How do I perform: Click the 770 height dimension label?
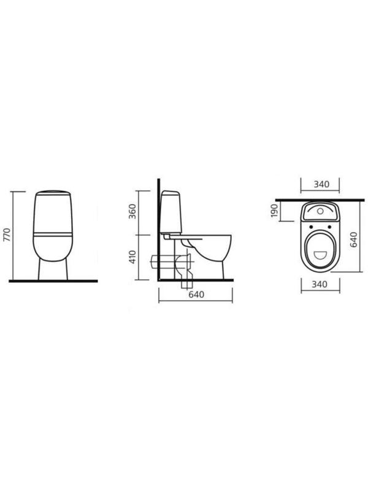pyautogui.click(x=7, y=235)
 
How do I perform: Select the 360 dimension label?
pyautogui.click(x=132, y=211)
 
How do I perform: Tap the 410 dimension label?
pyautogui.click(x=132, y=257)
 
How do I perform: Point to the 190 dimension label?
pyautogui.click(x=274, y=211)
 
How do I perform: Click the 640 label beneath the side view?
pyautogui.click(x=196, y=295)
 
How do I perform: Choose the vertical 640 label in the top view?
pyautogui.click(x=354, y=239)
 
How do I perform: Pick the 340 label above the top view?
pyautogui.click(x=321, y=184)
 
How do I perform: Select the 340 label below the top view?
pyautogui.click(x=320, y=284)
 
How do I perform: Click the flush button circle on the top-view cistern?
pyautogui.click(x=320, y=211)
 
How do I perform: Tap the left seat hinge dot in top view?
pyautogui.click(x=310, y=226)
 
